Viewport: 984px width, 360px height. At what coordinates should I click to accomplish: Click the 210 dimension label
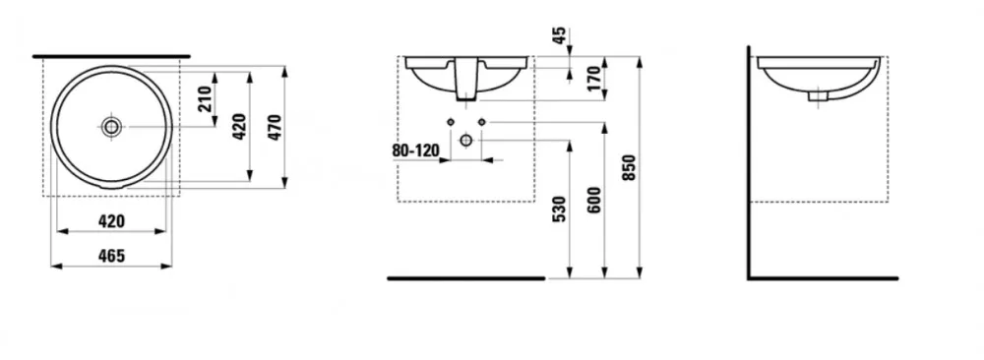pos(206,98)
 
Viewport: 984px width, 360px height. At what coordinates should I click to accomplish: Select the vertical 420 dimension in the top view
pos(240,127)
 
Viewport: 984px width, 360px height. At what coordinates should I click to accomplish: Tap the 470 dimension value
pos(276,127)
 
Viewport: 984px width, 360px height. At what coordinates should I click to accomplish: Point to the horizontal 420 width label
pos(112,221)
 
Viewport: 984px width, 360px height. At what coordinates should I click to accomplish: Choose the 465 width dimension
pos(112,256)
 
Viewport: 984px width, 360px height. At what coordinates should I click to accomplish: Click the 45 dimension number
pos(560,34)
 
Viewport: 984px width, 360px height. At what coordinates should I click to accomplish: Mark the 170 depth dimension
pos(594,79)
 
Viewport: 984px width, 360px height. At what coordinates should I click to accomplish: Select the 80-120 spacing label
pos(415,151)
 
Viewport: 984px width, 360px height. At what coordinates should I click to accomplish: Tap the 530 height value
pos(560,209)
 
